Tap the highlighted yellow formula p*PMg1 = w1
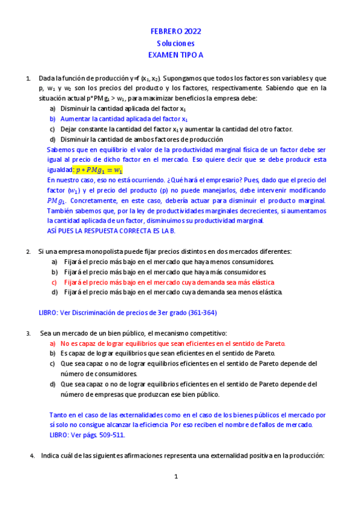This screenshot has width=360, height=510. tap(97, 170)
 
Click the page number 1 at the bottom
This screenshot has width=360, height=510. tap(177, 476)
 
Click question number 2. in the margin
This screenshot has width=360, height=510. tap(28, 251)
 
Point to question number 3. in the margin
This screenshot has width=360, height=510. tap(28, 333)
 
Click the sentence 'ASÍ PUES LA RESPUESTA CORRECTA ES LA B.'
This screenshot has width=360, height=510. tap(110, 231)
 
